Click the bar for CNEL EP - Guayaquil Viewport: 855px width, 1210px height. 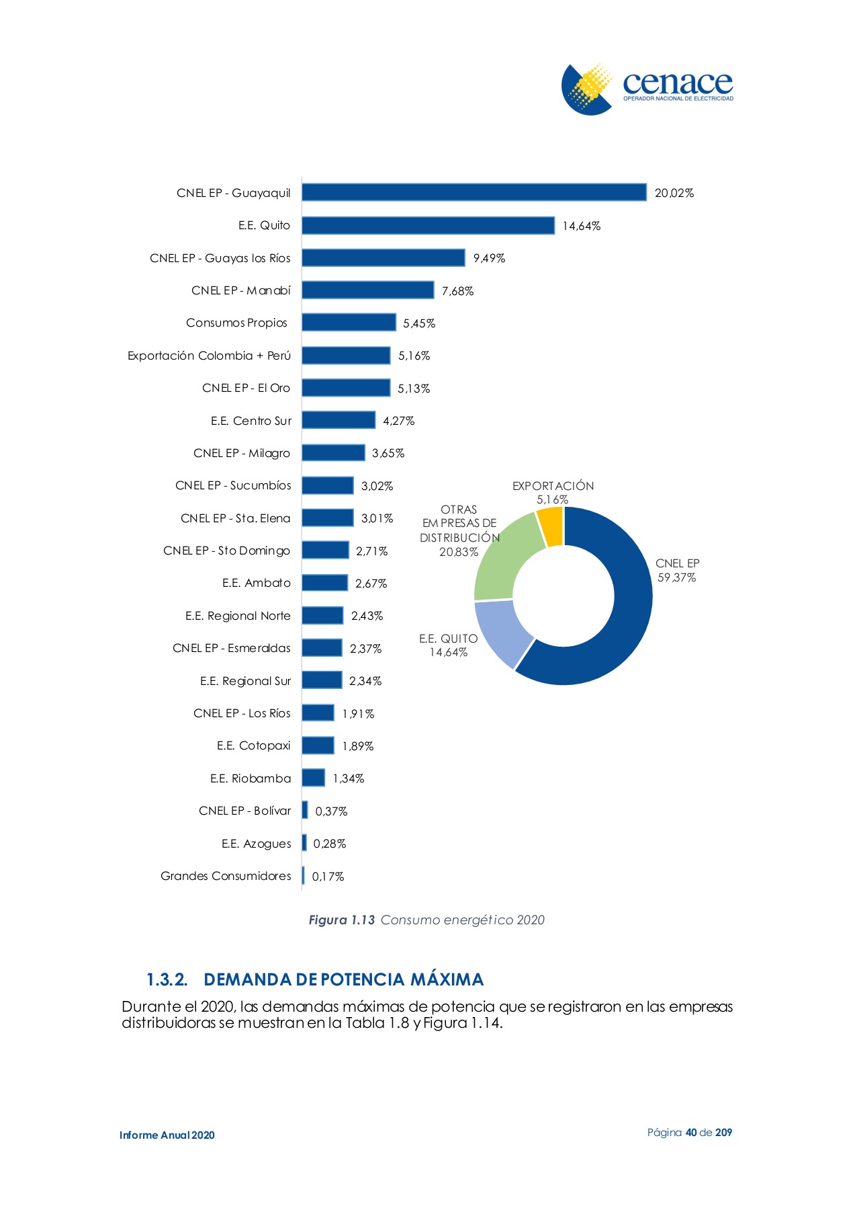pyautogui.click(x=474, y=192)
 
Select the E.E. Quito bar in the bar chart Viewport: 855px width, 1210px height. pyautogui.click(x=428, y=225)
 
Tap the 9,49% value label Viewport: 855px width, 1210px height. pyautogui.click(x=489, y=258)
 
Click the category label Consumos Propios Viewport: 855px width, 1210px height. pyautogui.click(x=236, y=323)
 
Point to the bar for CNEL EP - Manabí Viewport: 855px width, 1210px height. pyautogui.click(x=367, y=290)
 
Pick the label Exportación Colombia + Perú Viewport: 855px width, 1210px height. pyautogui.click(x=209, y=356)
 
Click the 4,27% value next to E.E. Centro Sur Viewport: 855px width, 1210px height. pyautogui.click(x=399, y=421)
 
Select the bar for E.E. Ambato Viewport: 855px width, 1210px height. pyautogui.click(x=324, y=583)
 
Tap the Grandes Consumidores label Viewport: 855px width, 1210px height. pyautogui.click(x=226, y=876)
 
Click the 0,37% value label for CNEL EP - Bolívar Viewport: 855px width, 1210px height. pyautogui.click(x=331, y=811)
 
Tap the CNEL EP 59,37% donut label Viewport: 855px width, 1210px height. pyautogui.click(x=677, y=571)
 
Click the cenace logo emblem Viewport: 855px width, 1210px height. pyautogui.click(x=586, y=89)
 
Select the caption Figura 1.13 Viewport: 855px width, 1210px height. pyautogui.click(x=341, y=920)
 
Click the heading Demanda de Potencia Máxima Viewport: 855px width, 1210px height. pyautogui.click(x=343, y=979)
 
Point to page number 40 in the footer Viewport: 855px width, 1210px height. pyautogui.click(x=691, y=1133)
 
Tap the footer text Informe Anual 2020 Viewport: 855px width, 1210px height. pyautogui.click(x=167, y=1135)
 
